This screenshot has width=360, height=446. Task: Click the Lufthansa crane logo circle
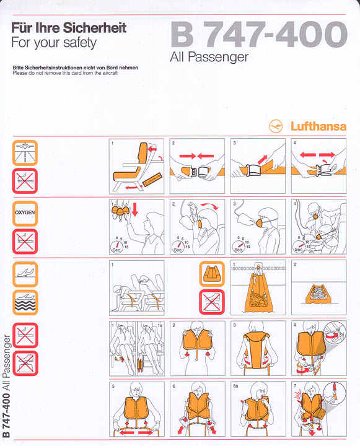[276, 126]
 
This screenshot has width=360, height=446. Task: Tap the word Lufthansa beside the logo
[318, 126]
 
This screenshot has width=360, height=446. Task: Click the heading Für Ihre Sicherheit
[69, 28]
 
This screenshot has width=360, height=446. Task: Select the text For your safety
[54, 43]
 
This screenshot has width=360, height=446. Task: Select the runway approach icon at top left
[25, 152]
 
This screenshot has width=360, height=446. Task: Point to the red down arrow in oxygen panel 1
[134, 212]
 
